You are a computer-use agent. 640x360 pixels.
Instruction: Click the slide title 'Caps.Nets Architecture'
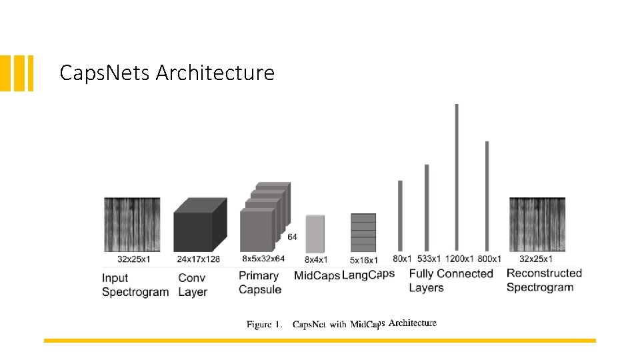(167, 72)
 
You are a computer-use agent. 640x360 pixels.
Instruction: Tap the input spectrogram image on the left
(132, 225)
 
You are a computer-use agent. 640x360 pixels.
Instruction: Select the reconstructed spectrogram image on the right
(537, 225)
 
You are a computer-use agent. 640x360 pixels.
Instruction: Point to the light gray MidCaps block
(315, 233)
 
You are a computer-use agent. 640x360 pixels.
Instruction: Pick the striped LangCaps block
(363, 232)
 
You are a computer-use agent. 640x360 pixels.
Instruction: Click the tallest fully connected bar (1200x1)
(457, 177)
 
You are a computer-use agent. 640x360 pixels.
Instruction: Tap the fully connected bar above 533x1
(427, 207)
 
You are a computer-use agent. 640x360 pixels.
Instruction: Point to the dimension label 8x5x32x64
(263, 259)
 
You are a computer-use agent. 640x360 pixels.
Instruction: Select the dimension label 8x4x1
(316, 259)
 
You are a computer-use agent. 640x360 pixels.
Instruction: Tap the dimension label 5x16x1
(364, 260)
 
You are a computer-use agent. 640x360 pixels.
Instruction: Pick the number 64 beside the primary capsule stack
(292, 237)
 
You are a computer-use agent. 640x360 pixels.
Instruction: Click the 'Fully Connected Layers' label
(451, 281)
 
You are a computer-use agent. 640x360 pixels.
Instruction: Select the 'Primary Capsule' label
(260, 283)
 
